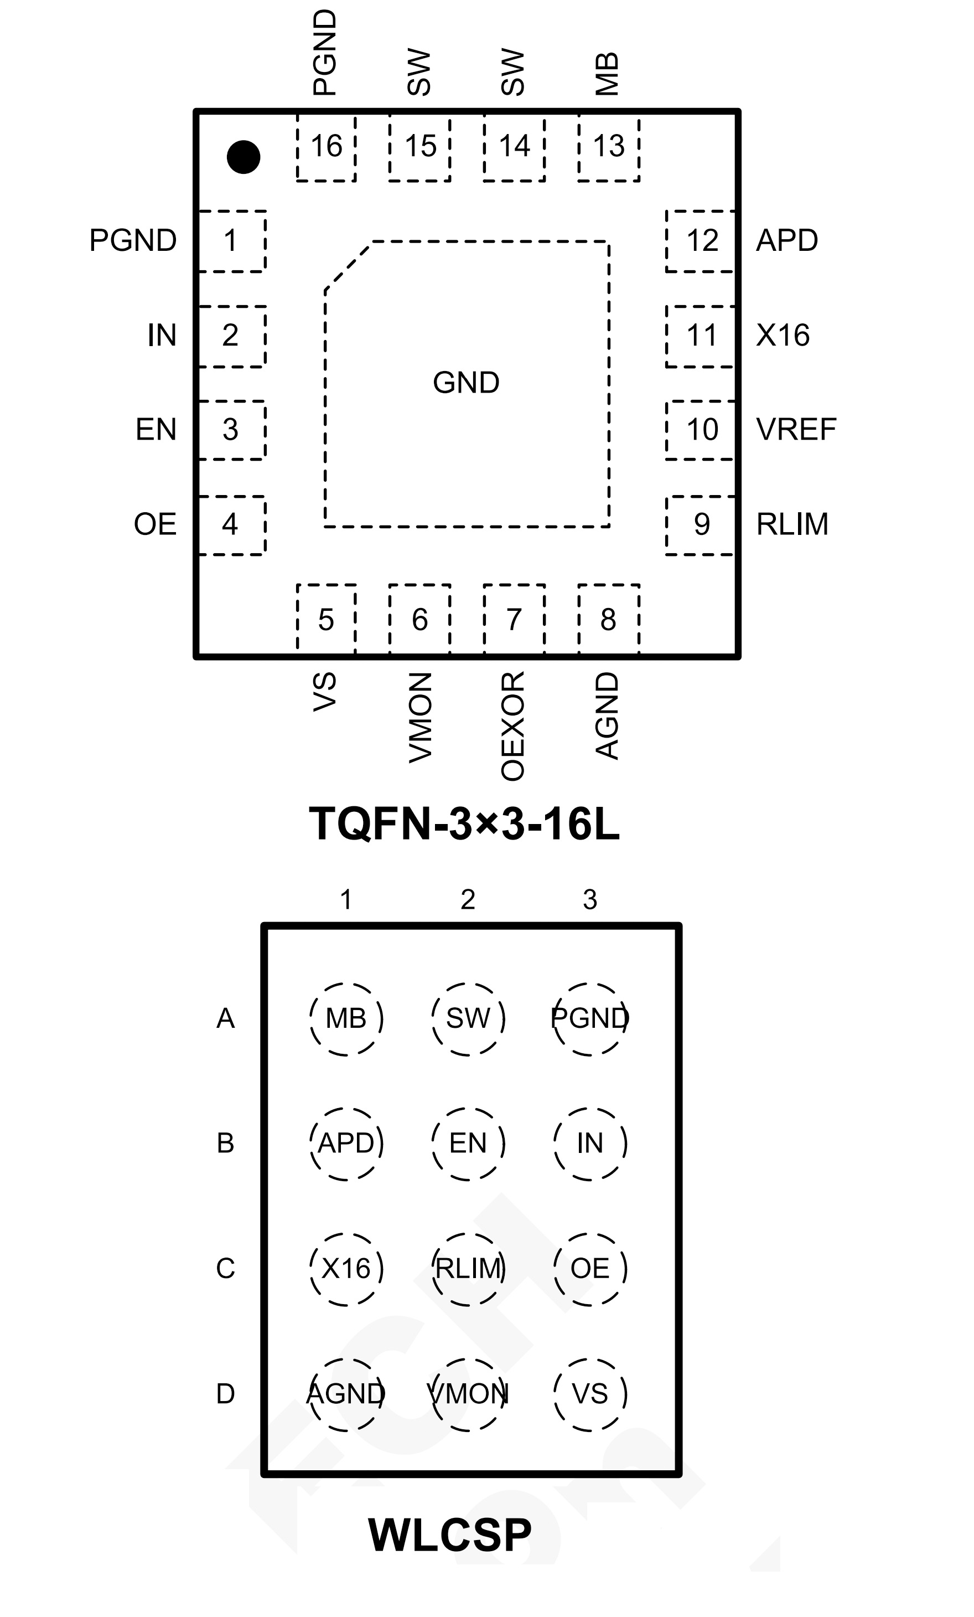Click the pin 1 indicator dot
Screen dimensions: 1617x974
[x=244, y=157]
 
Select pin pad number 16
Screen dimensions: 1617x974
[x=326, y=146]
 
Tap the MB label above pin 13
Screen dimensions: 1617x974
[x=607, y=74]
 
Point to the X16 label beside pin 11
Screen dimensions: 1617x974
[x=783, y=336]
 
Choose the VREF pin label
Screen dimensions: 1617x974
[x=796, y=430]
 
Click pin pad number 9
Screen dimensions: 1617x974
[x=701, y=524]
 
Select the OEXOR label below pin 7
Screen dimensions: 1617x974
[x=513, y=726]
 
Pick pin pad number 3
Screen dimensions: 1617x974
[x=230, y=430]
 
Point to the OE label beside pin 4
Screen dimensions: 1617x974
[x=155, y=524]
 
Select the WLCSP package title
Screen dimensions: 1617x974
[x=450, y=1535]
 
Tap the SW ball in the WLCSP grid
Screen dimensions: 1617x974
[x=468, y=1018]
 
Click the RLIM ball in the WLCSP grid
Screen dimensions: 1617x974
[x=468, y=1269]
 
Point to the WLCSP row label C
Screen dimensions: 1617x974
[x=226, y=1269]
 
